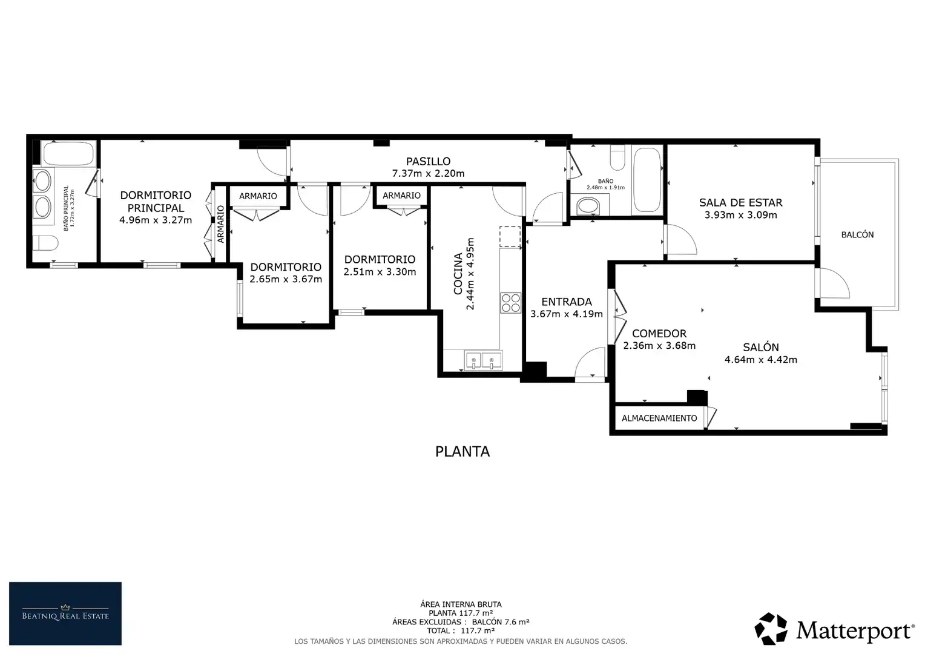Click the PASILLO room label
click(428, 161)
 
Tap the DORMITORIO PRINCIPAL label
click(156, 201)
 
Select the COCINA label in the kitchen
click(458, 274)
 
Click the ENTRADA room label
click(567, 302)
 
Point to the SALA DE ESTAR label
click(741, 202)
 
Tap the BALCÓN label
click(857, 235)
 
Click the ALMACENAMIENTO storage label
click(659, 418)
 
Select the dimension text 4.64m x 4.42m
click(761, 360)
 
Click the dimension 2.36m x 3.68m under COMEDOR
click(659, 345)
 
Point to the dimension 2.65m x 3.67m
click(286, 279)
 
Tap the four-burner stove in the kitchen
click(510, 303)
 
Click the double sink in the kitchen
click(483, 360)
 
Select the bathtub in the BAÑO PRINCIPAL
click(68, 154)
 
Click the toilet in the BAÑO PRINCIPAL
click(45, 243)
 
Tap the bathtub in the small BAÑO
click(647, 180)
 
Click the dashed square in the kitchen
click(510, 236)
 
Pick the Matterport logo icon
click(771, 629)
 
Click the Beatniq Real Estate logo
click(65, 613)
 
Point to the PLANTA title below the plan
click(462, 452)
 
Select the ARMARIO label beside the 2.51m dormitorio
click(401, 196)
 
